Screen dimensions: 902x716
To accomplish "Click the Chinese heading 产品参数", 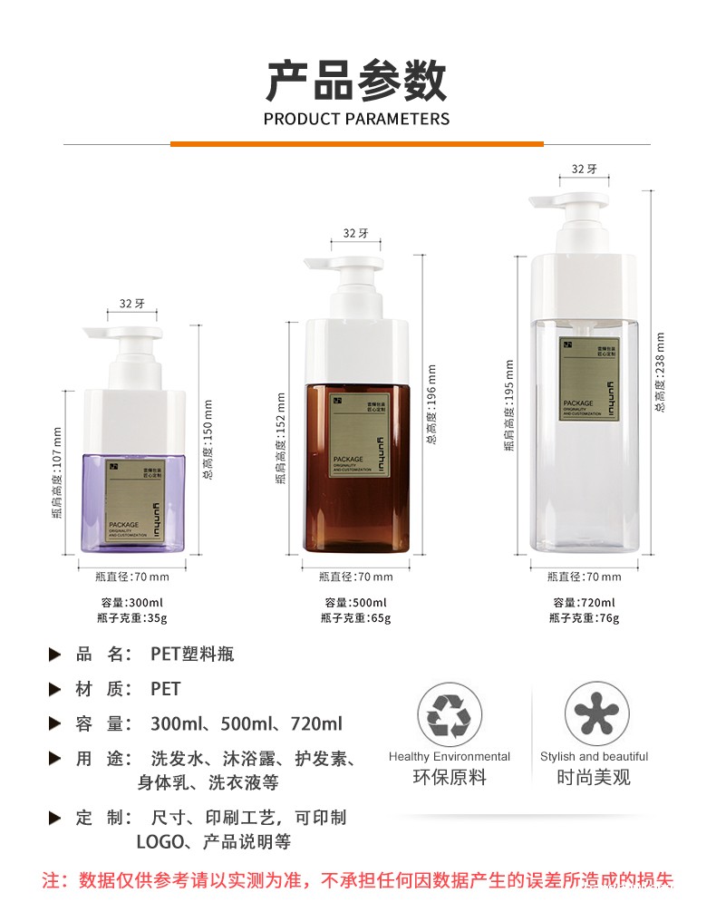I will click(356, 81).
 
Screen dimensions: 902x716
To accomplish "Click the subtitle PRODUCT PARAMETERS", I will click(356, 119).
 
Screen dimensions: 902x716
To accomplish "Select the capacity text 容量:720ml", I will click(584, 603).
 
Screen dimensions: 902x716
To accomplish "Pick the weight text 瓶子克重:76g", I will click(584, 618).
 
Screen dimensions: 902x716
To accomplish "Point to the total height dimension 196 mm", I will click(431, 403).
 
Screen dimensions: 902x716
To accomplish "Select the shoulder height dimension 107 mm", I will click(56, 472).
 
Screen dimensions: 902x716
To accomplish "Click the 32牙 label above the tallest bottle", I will click(584, 169).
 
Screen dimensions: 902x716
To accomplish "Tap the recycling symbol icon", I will click(449, 714).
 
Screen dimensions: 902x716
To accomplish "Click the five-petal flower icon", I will click(596, 714).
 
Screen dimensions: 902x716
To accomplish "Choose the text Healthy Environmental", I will click(450, 757).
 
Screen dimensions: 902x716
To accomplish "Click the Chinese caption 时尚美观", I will click(594, 778).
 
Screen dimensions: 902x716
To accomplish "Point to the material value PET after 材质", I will click(165, 689).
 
